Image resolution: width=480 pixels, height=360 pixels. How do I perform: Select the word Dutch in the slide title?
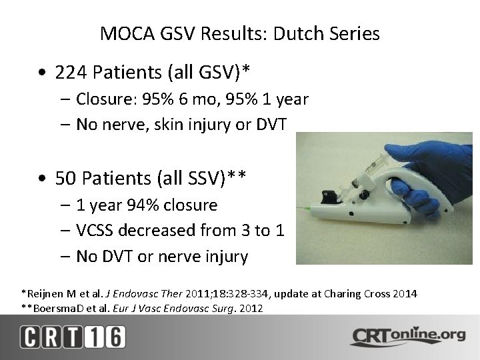[x=286, y=34]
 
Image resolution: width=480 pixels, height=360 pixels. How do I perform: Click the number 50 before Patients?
[x=66, y=178]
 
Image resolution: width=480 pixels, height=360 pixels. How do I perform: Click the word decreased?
[x=159, y=231]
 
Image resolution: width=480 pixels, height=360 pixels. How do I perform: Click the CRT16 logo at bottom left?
[x=71, y=337]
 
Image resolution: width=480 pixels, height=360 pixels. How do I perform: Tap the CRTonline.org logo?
[x=407, y=337]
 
